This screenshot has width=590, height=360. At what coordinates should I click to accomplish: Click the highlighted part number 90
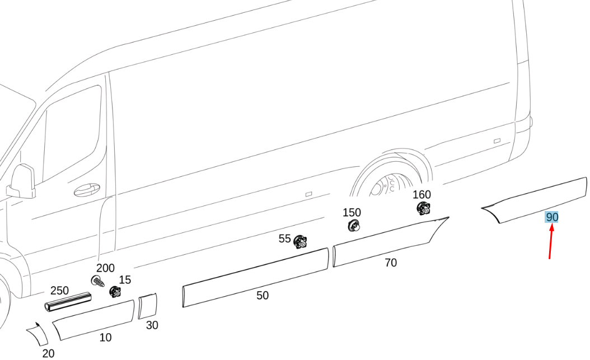coord(552,217)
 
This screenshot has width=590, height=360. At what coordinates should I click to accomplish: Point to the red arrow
coord(551,241)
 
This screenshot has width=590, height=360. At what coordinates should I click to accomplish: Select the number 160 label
coord(422,194)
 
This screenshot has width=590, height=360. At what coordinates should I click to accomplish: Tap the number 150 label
coord(352,213)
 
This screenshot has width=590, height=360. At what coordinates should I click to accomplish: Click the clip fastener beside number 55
coord(300,241)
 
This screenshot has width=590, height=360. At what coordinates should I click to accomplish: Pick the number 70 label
coord(391,263)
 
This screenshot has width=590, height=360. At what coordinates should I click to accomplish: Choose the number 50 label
coord(263,295)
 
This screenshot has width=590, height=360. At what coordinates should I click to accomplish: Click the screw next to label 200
coord(97,281)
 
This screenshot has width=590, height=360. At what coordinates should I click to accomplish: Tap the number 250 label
coord(59,291)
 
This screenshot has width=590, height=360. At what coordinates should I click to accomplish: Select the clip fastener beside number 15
coord(115,292)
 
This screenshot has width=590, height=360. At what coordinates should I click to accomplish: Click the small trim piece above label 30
coord(148,306)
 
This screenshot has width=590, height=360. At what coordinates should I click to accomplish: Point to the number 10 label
coord(105,338)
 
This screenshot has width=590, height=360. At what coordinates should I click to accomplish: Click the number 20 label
coord(48,354)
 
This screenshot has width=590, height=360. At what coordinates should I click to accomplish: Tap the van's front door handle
coord(87,190)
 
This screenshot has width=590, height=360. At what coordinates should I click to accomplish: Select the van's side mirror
coord(22,181)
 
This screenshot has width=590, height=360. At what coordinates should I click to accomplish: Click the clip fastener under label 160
coord(424,208)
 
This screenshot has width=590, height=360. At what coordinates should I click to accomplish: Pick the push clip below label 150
coord(353,226)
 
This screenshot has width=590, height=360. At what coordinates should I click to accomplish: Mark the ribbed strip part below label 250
coord(68,302)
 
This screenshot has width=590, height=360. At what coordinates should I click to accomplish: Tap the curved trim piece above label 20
coord(38,334)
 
